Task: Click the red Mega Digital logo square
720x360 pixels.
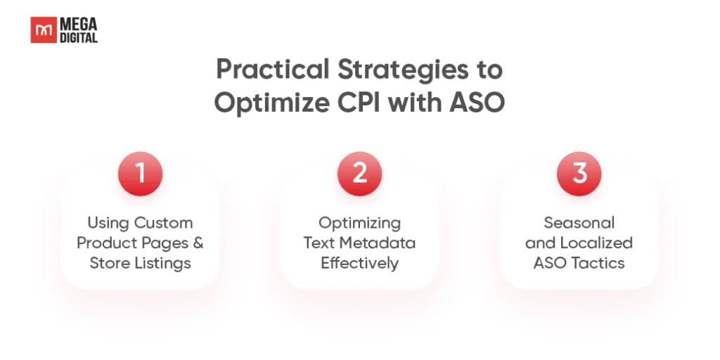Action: (44, 30)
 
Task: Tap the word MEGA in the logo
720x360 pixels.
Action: (79, 24)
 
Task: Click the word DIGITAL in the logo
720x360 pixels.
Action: (79, 37)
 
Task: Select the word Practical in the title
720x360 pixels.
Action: (273, 70)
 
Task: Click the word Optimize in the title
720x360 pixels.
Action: (272, 103)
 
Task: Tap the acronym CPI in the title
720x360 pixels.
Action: (359, 102)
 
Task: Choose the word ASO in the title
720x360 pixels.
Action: (477, 102)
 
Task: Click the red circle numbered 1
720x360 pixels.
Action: (140, 174)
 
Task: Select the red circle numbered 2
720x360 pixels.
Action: (359, 174)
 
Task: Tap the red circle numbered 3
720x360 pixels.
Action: (579, 174)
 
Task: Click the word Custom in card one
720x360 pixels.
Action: (163, 223)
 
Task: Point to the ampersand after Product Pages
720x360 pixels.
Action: (198, 243)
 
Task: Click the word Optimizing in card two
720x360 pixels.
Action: (359, 224)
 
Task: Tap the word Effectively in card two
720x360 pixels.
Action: (359, 264)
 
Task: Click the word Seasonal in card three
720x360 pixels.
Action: (579, 223)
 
